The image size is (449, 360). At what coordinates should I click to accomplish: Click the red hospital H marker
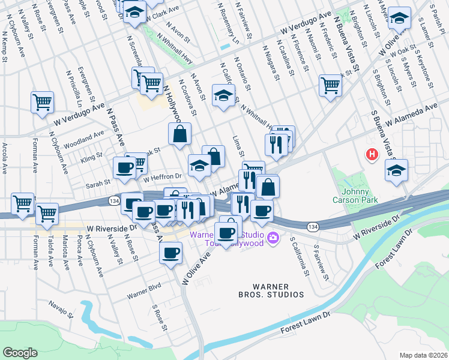click(372, 155)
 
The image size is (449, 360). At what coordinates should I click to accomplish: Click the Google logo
click(20, 353)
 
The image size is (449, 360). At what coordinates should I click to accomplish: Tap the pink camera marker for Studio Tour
click(273, 238)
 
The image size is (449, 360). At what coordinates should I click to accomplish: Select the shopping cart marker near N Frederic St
click(330, 85)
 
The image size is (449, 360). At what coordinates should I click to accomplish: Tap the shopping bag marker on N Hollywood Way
click(179, 134)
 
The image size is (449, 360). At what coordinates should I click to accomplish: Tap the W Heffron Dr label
click(162, 176)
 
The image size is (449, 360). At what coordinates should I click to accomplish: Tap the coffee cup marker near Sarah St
click(124, 167)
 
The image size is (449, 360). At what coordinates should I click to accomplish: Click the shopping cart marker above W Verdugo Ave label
click(42, 102)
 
